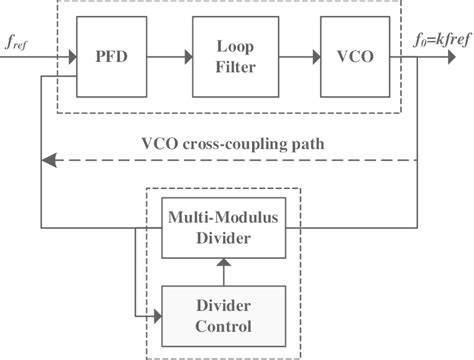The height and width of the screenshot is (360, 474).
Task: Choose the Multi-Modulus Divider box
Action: tap(223, 226)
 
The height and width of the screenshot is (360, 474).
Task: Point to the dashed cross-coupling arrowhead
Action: tap(47, 158)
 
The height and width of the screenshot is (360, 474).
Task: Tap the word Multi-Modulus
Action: tap(223, 216)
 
